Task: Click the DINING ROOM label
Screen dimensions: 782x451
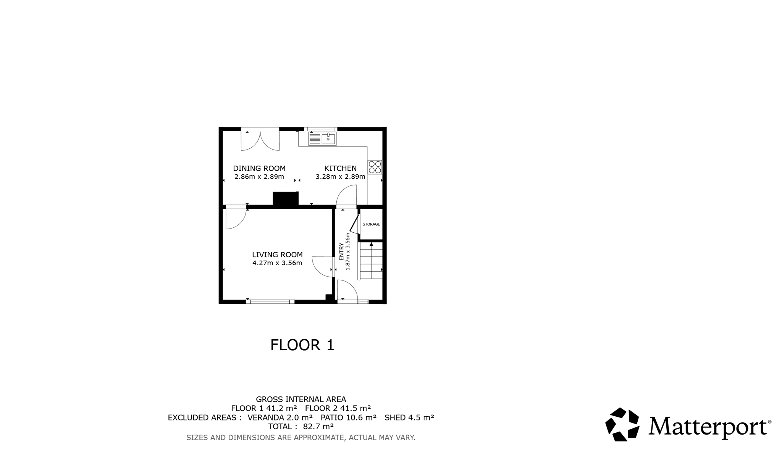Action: pyautogui.click(x=259, y=168)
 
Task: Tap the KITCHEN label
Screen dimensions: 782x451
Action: pyautogui.click(x=340, y=168)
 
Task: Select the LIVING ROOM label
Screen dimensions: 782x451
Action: pyautogui.click(x=277, y=254)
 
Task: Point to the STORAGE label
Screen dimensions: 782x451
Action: pyautogui.click(x=371, y=224)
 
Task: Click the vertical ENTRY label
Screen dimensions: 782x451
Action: pyautogui.click(x=341, y=251)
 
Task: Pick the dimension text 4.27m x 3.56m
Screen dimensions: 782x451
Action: pyautogui.click(x=277, y=263)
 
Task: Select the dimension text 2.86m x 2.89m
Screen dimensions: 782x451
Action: pyautogui.click(x=259, y=177)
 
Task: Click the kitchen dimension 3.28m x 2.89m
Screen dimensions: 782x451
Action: pyautogui.click(x=340, y=177)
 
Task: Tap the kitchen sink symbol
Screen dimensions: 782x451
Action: pyautogui.click(x=322, y=139)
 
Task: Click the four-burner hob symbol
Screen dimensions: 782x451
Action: pyautogui.click(x=375, y=167)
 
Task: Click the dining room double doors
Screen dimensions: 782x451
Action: pyautogui.click(x=260, y=141)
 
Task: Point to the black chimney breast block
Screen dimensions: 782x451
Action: pyautogui.click(x=286, y=199)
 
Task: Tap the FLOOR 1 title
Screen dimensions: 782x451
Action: pyautogui.click(x=302, y=345)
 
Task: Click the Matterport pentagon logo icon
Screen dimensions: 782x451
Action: pyautogui.click(x=622, y=424)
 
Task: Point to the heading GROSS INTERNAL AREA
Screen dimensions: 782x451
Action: pyautogui.click(x=301, y=399)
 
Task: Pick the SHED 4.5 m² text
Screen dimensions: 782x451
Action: pyautogui.click(x=409, y=417)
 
